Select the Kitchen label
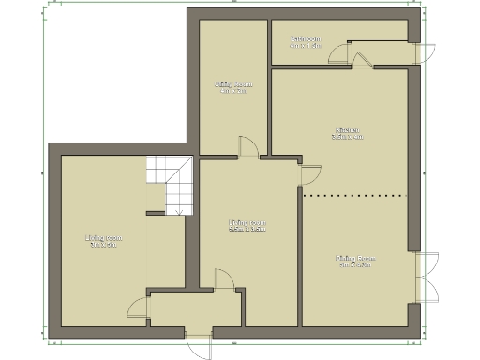tap(347, 129)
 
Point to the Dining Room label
tap(355, 257)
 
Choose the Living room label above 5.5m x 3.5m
tap(248, 222)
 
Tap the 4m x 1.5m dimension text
tap(306, 46)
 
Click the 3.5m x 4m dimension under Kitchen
tap(347, 137)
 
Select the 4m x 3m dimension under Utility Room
tap(232, 91)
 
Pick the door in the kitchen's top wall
tap(361, 57)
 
